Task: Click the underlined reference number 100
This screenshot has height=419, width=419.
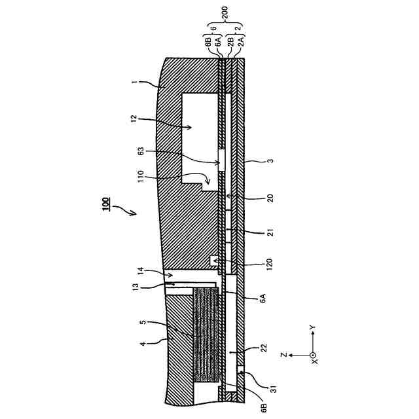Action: tap(104, 205)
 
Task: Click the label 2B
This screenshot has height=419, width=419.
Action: tap(230, 41)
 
